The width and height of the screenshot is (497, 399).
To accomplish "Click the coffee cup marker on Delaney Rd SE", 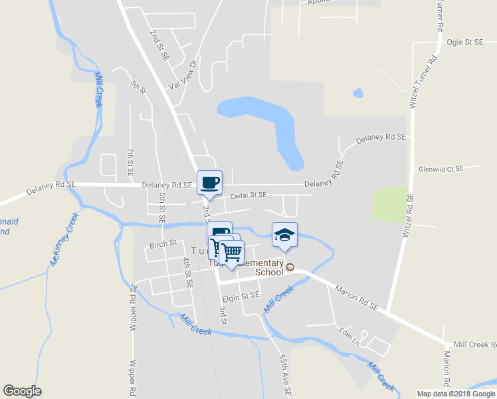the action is pos(210,183).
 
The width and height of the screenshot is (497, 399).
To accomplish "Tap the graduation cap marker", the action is pos(284,235).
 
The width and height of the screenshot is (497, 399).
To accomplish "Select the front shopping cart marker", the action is pos(231,253).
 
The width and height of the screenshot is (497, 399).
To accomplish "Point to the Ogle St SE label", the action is pos(464,42).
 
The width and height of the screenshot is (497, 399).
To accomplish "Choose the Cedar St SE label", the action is pos(248,195).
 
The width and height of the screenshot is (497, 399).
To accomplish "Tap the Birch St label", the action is pos(163,243).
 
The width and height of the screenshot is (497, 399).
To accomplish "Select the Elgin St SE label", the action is pos(241,294).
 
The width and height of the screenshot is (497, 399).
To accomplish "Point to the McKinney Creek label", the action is pos(64,239).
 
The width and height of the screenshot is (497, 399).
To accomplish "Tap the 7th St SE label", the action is pos(131,162).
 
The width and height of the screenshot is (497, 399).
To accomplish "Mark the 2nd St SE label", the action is pos(159,45).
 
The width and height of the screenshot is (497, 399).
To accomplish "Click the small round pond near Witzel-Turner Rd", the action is pos(358,92).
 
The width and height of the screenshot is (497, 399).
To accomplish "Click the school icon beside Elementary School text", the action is pos(290,267).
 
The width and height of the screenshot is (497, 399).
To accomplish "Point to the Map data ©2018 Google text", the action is pos(456,393).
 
